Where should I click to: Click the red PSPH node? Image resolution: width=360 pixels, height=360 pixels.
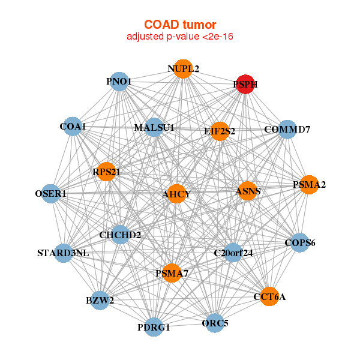pos(245,85)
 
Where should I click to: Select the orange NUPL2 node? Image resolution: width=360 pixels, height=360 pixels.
pos(183,69)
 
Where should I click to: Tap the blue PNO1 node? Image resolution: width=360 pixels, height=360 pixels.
pos(119,82)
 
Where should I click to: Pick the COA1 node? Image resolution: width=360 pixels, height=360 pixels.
pos(73,127)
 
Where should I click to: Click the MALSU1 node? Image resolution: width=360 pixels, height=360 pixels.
pos(154,128)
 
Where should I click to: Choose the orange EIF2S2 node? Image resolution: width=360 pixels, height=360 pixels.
pos(220,130)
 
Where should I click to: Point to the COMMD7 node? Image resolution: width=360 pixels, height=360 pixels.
pos(287,129)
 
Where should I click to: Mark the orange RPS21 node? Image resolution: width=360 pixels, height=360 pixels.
pos(106,172)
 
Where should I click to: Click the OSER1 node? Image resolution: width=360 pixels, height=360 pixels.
pos(51,194)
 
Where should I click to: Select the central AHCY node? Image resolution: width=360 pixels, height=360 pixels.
pos(176,194)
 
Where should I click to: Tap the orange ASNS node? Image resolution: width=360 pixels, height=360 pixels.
pos(247,191)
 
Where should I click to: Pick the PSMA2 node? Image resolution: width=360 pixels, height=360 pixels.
pos(309,184)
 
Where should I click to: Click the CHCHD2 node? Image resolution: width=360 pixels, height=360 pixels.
pos(120,235)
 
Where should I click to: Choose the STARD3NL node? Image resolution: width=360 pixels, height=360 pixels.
pos(63,253)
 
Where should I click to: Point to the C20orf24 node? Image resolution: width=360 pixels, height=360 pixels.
pos(233,253)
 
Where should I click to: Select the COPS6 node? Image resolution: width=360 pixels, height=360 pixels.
pos(299,242)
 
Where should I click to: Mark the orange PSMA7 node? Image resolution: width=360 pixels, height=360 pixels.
pos(172,274)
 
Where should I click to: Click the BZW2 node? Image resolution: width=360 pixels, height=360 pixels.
pos(100,299)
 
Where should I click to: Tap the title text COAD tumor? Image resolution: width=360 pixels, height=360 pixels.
pos(179,25)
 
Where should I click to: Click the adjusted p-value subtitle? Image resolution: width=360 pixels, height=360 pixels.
pos(179,37)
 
